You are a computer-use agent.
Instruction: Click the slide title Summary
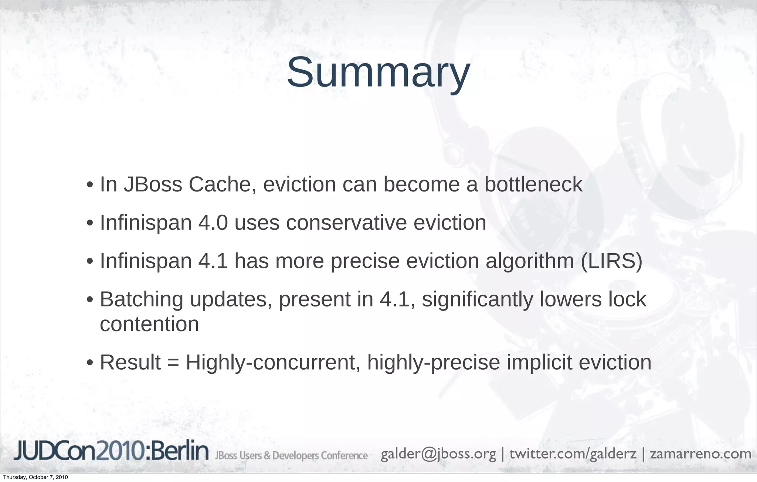pyautogui.click(x=378, y=72)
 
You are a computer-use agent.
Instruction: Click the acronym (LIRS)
pyautogui.click(x=611, y=261)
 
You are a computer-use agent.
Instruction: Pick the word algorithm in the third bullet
pyautogui.click(x=530, y=261)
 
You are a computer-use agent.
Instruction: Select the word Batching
pyautogui.click(x=142, y=299)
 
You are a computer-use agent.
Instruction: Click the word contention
pyautogui.click(x=149, y=324)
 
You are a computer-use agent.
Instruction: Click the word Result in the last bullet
pyautogui.click(x=130, y=362)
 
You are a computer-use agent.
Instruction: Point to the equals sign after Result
pyautogui.click(x=173, y=363)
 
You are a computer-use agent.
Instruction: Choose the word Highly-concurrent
pyautogui.click(x=273, y=362)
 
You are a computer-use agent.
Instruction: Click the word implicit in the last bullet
pyautogui.click(x=539, y=362)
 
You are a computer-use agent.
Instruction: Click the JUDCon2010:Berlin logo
pyautogui.click(x=111, y=451)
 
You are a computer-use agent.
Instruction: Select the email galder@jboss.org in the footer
pyautogui.click(x=438, y=454)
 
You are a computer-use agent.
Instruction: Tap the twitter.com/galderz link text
pyautogui.click(x=573, y=454)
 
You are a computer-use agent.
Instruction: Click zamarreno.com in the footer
pyautogui.click(x=700, y=454)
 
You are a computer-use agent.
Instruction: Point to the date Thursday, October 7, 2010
pyautogui.click(x=35, y=477)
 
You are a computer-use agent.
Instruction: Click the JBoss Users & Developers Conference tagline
pyautogui.click(x=291, y=455)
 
